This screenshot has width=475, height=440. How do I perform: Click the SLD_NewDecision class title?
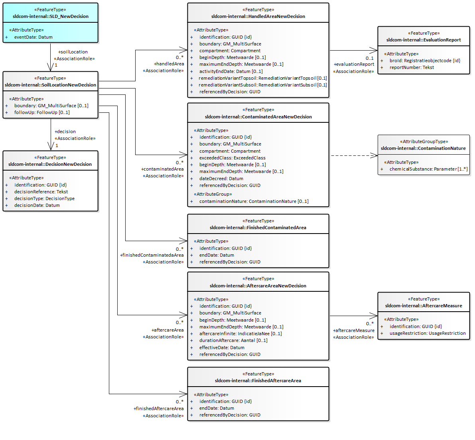click(x=51, y=16)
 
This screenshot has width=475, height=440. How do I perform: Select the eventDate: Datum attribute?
click(x=34, y=37)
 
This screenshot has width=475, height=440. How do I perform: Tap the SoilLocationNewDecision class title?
click(x=51, y=85)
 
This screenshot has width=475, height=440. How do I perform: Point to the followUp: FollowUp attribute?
click(x=42, y=112)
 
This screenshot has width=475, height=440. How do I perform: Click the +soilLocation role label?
click(x=73, y=52)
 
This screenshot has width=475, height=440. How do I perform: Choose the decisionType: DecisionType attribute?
click(x=45, y=198)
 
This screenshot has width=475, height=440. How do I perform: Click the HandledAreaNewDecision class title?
click(x=258, y=16)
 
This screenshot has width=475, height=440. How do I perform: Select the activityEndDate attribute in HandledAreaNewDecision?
click(x=231, y=71)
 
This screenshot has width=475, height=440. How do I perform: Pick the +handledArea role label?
click(x=169, y=64)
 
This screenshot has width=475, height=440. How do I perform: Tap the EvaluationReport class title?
click(x=424, y=40)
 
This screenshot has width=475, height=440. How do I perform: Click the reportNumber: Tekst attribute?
click(x=412, y=67)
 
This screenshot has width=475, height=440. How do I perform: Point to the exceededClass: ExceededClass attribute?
click(x=233, y=158)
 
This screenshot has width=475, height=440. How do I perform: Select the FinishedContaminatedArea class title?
click(x=258, y=228)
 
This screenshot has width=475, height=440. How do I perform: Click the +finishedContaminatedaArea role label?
click(x=152, y=255)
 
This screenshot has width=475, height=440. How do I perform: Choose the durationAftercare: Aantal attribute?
click(x=233, y=340)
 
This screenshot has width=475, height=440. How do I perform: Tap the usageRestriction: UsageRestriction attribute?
click(x=428, y=333)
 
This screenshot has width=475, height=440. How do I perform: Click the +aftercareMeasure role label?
click(x=354, y=330)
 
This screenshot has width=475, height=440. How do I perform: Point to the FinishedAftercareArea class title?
click(x=258, y=381)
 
